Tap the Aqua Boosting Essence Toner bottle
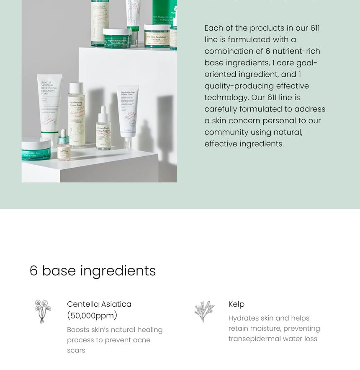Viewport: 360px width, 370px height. point(76,117)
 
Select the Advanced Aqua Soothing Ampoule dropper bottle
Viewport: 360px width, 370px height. point(103,132)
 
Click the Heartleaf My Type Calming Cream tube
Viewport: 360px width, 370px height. point(128,111)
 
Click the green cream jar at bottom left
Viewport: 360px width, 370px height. point(36,150)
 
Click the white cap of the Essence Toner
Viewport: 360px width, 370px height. point(76,88)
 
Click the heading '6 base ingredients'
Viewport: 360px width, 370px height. point(93,271)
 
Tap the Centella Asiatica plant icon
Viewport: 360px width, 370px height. point(42,311)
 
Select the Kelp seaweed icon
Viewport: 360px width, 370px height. point(205,311)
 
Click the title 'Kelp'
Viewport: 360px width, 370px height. point(237,304)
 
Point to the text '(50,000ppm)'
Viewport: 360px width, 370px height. point(92,316)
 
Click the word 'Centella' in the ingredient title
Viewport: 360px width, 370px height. point(82,304)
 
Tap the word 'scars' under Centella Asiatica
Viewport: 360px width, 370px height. point(76,350)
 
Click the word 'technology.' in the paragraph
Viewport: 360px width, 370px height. point(226,97)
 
